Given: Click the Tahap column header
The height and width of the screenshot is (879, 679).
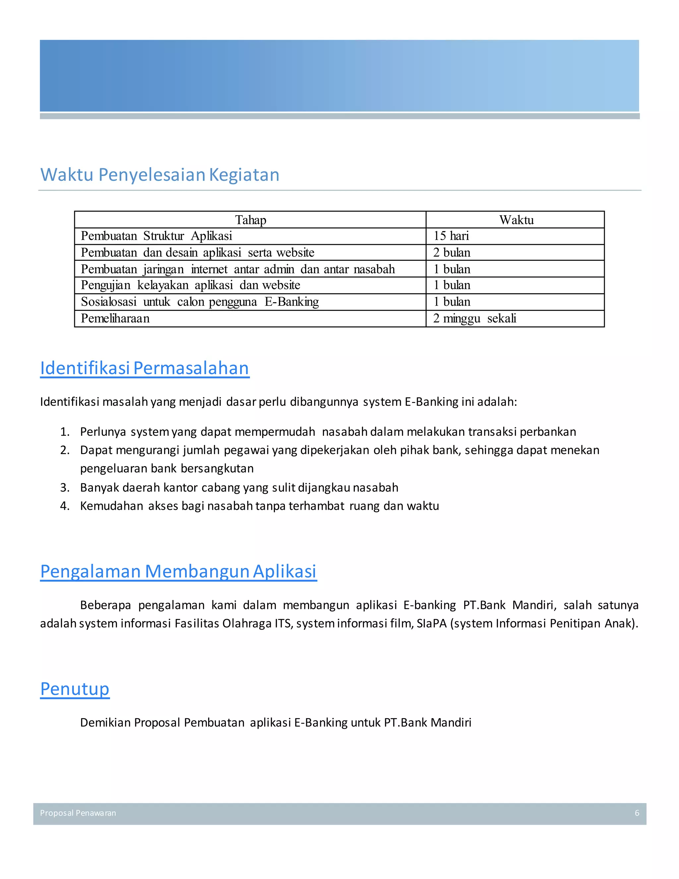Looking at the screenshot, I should point(251,220).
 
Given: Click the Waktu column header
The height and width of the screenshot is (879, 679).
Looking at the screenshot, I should point(516,220).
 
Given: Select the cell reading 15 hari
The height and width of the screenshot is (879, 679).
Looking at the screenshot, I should point(451,236).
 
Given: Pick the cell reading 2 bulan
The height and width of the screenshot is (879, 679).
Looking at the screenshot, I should point(452,252).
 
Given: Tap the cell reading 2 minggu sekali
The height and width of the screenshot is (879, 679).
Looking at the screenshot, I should point(475,318).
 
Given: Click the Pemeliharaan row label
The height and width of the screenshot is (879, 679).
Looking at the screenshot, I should point(115,318).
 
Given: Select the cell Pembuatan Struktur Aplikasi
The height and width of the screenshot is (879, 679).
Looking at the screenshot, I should point(156,236).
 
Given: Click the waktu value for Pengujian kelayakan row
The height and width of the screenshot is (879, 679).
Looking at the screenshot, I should point(452,285).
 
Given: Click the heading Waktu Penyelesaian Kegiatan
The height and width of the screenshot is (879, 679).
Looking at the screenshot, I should point(160,175).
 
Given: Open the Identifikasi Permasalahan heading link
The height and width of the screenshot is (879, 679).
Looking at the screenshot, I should point(145,368).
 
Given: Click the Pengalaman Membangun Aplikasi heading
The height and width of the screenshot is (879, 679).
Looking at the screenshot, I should point(179,571).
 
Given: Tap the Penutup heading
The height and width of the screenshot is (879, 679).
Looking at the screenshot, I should point(75,689).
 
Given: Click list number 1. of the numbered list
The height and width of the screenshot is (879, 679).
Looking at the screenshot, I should point(65,432).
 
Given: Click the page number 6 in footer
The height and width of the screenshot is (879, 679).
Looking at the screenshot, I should point(637,813).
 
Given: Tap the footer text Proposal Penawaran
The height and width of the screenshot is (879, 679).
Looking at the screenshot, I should point(78,813).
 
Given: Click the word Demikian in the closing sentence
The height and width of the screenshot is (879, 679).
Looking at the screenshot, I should point(106,722).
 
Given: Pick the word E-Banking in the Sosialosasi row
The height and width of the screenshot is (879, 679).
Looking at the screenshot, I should point(292,302).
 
